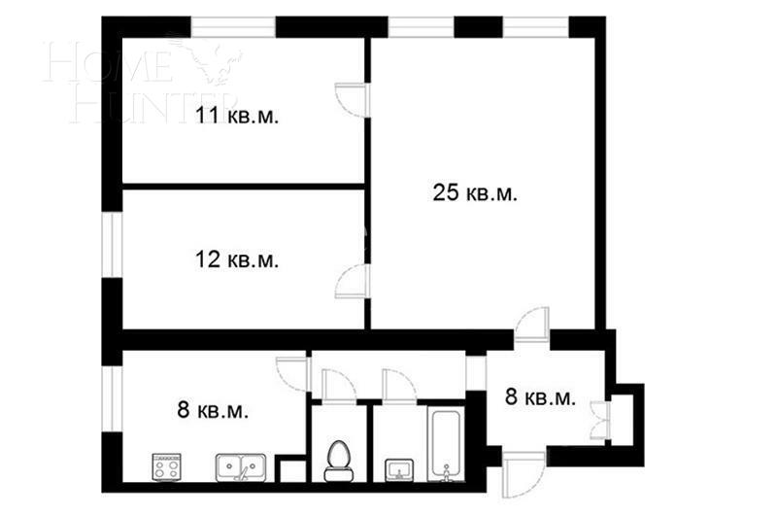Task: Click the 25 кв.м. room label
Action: click(x=474, y=192)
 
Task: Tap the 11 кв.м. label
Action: click(x=237, y=117)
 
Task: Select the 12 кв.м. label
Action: click(x=237, y=259)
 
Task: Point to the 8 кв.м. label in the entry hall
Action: click(x=540, y=396)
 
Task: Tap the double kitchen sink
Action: click(x=237, y=467)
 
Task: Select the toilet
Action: click(x=339, y=458)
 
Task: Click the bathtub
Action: click(x=446, y=444)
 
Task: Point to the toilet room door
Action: click(x=337, y=385)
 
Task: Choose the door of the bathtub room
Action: click(x=398, y=385)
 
